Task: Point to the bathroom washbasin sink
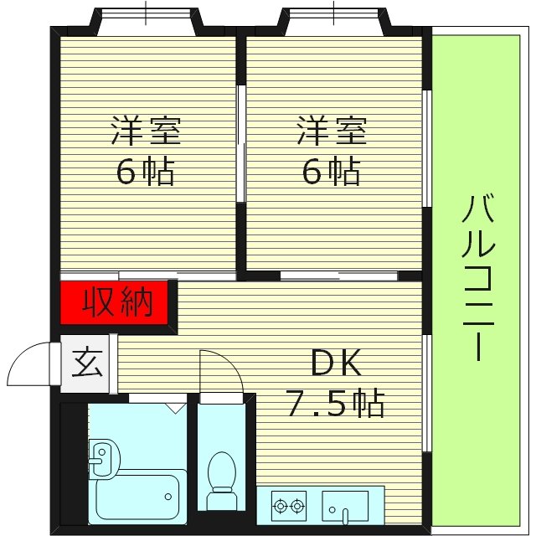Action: coord(104,458)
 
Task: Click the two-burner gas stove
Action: coord(288,506)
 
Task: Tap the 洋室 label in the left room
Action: coord(147,131)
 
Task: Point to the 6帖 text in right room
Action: coord(331,172)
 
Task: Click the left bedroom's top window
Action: coord(146,18)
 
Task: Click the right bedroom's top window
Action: coord(332,18)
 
